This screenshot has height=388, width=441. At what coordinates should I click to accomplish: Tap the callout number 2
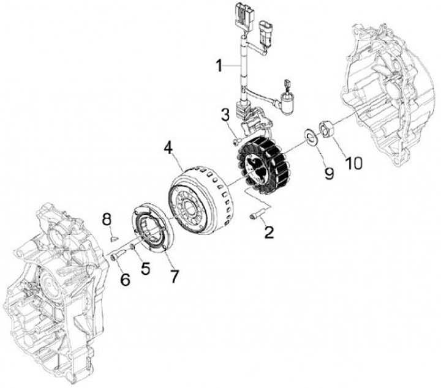pos(268,232)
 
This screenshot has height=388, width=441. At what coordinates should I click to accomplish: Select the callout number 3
pos(225,114)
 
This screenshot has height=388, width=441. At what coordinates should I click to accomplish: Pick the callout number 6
pos(125,278)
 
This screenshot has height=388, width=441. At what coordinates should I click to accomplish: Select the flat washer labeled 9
pos(311,136)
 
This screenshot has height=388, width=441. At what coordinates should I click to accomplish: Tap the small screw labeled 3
pos(236,142)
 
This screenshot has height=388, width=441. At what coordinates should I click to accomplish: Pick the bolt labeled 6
pos(115,257)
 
